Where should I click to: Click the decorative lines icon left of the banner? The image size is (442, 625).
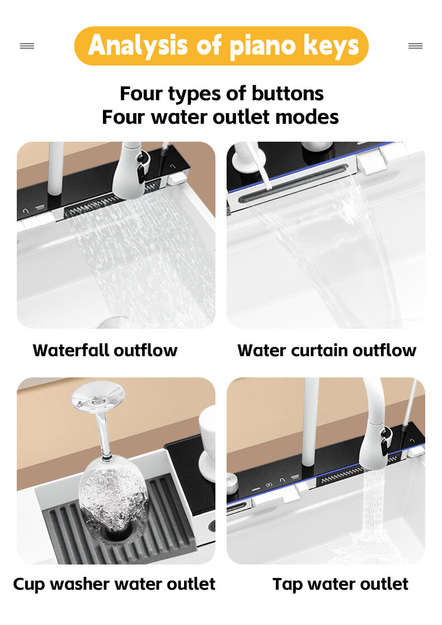[27, 46]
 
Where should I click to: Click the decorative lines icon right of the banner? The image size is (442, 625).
[415, 46]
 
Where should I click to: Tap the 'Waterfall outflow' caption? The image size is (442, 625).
[105, 351]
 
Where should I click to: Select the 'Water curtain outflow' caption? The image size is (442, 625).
[327, 351]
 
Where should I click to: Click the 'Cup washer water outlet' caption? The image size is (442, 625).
[114, 584]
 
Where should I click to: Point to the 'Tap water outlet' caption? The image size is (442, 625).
[341, 584]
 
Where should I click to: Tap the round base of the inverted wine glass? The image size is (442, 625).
[98, 395]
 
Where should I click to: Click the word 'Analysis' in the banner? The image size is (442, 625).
[138, 46]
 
